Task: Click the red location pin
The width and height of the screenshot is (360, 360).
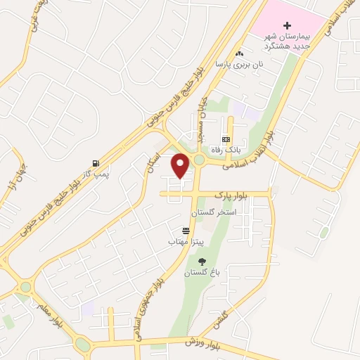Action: (181, 166)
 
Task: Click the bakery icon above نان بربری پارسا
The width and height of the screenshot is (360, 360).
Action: (239, 53)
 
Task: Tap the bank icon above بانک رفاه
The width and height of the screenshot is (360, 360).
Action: (226, 139)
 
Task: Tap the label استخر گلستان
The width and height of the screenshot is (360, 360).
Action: (217, 212)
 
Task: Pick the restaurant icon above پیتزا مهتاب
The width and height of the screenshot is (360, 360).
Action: (186, 231)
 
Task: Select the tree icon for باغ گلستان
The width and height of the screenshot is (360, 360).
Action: (202, 262)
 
